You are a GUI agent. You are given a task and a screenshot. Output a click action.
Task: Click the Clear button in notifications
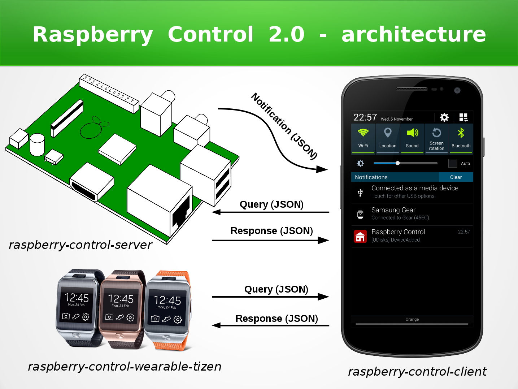coord(456,177)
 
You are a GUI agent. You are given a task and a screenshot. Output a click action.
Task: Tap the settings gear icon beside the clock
coord(444,117)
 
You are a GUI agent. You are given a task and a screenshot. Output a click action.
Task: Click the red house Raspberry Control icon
coord(360,237)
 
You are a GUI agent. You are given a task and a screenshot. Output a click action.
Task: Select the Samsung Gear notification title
coord(393,210)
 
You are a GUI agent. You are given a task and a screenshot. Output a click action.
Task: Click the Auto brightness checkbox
coord(453,163)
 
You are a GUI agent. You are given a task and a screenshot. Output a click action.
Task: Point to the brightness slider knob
coord(397,163)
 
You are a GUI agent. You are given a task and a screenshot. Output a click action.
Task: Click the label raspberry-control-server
coord(80,245)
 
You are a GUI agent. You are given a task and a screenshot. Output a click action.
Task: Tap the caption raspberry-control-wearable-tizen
coord(125,367)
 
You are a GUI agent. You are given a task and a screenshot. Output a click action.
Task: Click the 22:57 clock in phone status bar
coord(365,117)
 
